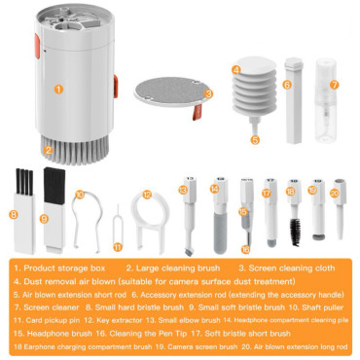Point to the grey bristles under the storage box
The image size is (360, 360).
60,152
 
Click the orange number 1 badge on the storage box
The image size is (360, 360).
58,88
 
